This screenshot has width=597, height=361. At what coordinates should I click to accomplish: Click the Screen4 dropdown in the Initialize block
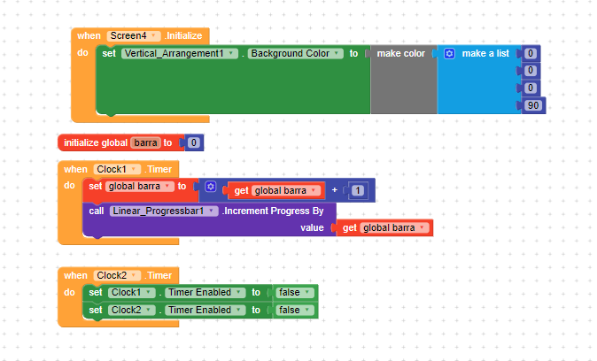coord(133,35)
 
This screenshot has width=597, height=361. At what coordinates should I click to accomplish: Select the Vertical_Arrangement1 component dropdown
coord(180,54)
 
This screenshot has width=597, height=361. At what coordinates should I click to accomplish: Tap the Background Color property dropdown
coord(296,54)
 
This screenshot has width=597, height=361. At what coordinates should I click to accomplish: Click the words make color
coord(401,54)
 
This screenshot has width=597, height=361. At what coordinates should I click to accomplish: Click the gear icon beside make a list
coord(449,54)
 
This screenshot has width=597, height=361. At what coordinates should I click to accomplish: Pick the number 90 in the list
coord(533,105)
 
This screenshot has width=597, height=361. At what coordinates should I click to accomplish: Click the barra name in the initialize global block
coord(145,142)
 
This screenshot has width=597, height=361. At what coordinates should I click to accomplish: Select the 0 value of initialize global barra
coord(193,142)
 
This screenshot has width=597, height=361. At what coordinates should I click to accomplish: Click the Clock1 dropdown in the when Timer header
coord(117,169)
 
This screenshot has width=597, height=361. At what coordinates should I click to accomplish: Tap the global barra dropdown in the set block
coord(140,187)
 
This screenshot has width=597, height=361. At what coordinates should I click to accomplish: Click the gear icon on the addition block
coord(211,187)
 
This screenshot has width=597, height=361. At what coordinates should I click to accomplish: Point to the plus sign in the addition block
coord(335,190)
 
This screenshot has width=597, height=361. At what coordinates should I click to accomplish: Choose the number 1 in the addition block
coord(357,190)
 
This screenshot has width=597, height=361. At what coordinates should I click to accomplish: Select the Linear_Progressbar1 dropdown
coord(164,211)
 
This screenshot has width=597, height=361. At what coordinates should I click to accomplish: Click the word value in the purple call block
coord(312,228)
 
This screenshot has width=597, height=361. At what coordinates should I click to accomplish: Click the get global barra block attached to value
coord(384,228)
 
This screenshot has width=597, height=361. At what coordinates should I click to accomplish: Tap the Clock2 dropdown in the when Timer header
coord(117,275)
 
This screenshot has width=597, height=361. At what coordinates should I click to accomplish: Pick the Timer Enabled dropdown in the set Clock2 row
coord(205,310)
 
